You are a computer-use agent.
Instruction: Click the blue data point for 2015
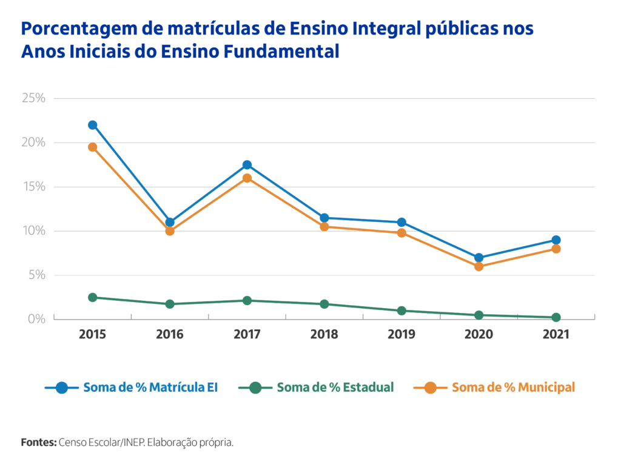click(x=93, y=125)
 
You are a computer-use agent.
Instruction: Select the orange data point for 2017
click(x=247, y=178)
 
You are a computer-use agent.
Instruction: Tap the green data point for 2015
click(x=93, y=297)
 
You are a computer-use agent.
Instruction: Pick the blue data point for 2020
click(x=478, y=258)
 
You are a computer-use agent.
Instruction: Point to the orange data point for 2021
click(x=556, y=249)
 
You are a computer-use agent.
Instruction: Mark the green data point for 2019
click(x=401, y=311)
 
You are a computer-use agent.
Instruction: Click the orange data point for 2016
click(x=170, y=231)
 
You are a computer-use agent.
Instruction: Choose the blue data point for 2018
click(x=324, y=218)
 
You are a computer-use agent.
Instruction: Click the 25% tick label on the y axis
click(x=34, y=98)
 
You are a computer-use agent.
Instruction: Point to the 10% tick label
click(x=34, y=230)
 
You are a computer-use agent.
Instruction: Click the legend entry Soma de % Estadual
click(x=335, y=388)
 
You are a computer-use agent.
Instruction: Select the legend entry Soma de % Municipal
click(x=513, y=388)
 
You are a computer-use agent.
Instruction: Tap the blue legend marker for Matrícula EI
click(x=61, y=388)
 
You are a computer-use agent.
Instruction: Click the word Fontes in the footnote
click(x=38, y=442)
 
